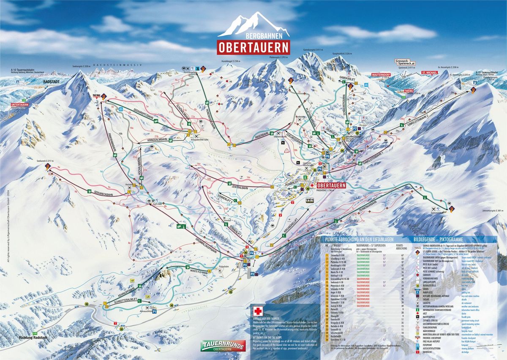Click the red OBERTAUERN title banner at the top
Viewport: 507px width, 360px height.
tap(253, 46)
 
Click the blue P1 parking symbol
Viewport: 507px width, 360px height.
tap(155, 311)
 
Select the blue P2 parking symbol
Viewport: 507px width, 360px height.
tap(253, 274)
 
